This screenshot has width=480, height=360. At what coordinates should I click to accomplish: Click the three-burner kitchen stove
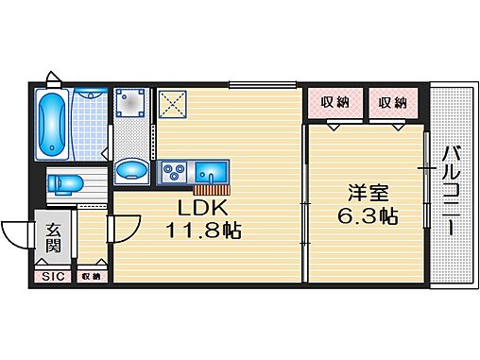pos(173,172)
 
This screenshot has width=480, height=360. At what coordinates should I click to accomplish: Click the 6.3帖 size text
pos(368,215)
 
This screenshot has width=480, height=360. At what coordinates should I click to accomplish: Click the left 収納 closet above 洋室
pos(335,102)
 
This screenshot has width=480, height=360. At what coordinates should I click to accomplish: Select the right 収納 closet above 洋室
pos(387,102)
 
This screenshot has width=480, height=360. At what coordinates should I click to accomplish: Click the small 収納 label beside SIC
pos(91,277)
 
